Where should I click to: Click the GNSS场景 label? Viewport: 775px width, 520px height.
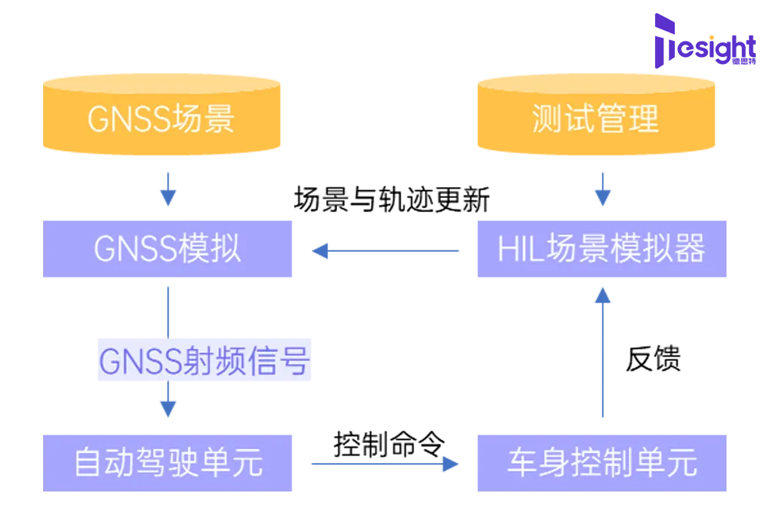[161, 119]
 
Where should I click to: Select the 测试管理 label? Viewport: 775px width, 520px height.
[595, 119]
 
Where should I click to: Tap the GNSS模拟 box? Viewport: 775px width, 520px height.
[168, 249]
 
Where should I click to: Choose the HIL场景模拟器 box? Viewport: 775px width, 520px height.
[600, 249]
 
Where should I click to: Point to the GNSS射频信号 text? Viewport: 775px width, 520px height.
[205, 361]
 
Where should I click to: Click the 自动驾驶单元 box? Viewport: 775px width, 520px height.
[168, 462]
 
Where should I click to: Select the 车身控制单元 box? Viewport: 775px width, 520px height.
[600, 462]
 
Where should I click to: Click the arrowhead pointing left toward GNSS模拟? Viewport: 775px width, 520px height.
[316, 251]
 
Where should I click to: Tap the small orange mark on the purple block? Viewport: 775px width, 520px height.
[717, 35]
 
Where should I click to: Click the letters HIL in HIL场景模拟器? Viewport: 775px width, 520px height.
[516, 250]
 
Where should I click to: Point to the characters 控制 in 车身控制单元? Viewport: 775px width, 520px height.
[602, 463]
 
